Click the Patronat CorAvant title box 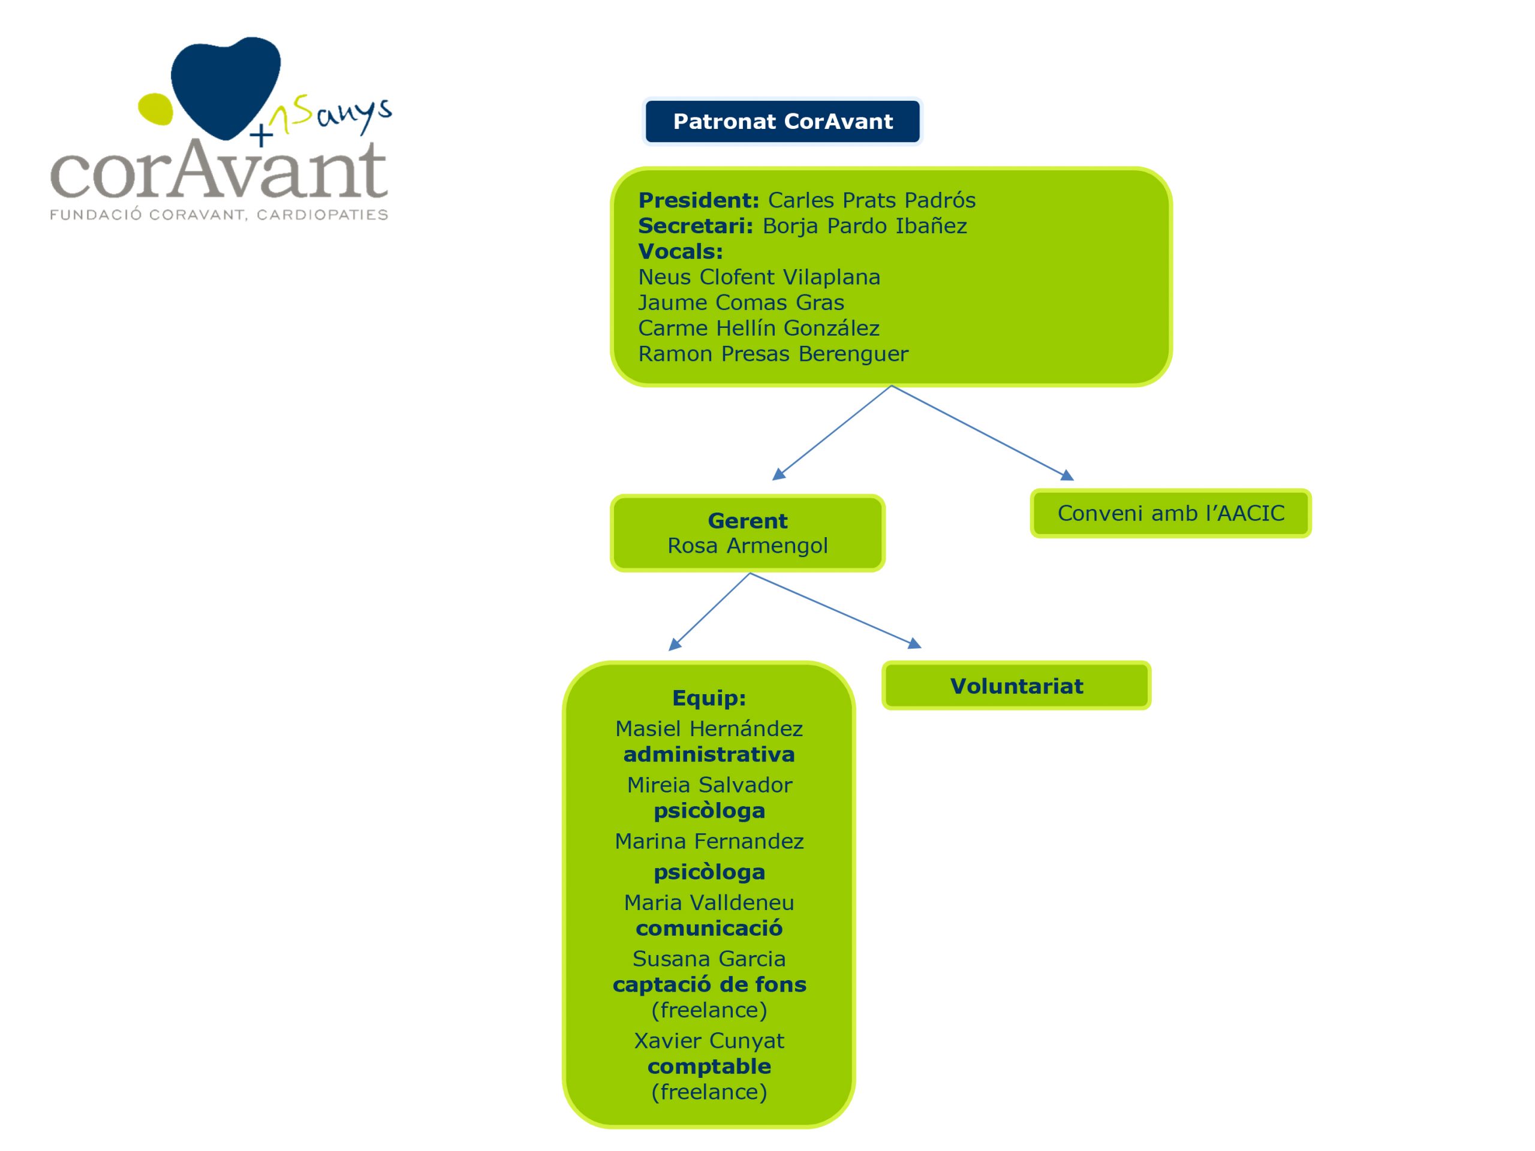pos(782,122)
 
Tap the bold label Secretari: pos(696,226)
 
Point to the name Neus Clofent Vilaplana pos(759,278)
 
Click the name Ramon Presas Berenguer pos(772,354)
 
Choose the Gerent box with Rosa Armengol pos(747,533)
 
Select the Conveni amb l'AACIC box pos(1170,513)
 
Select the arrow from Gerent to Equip pos(709,612)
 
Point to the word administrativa pos(709,755)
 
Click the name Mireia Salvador pos(709,785)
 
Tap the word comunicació pos(709,928)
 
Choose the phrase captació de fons pos(709,985)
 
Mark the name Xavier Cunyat pos(709,1041)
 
